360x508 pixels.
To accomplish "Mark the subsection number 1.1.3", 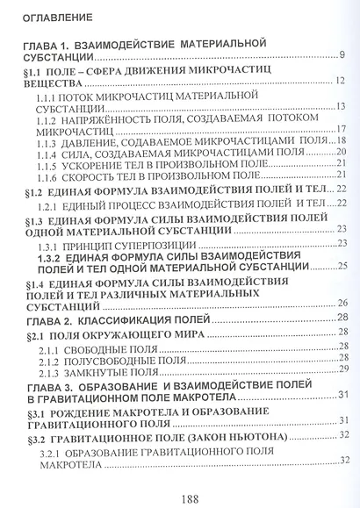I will [60, 140].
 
